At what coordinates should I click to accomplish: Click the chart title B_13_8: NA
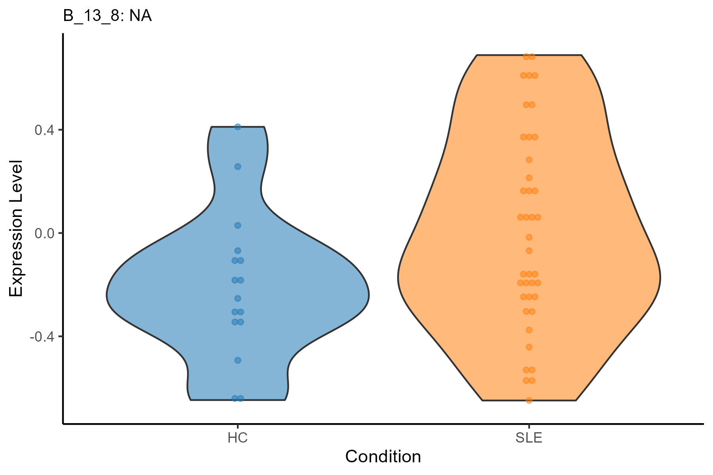coord(107,16)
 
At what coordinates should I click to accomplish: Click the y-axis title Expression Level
coord(16,229)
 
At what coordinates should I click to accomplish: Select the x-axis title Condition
coord(383,457)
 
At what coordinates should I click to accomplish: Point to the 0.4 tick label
coord(44,130)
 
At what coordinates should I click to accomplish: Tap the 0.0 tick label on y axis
coord(44,233)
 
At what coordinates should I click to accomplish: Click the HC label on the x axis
coord(238,438)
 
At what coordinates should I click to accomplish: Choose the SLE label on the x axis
coord(529,438)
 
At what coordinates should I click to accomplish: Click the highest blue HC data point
coord(238,127)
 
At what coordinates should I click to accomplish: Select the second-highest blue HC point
coord(238,167)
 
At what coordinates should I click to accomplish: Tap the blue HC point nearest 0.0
coord(238,225)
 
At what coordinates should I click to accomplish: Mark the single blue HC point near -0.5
coord(238,360)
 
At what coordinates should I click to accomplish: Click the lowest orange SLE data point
coord(529,400)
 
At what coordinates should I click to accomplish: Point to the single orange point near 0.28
coord(529,160)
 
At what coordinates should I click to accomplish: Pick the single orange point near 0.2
coord(529,178)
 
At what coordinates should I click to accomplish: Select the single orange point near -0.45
coord(529,347)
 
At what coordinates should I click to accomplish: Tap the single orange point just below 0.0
coord(529,237)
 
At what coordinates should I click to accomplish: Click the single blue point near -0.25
coord(238,298)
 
